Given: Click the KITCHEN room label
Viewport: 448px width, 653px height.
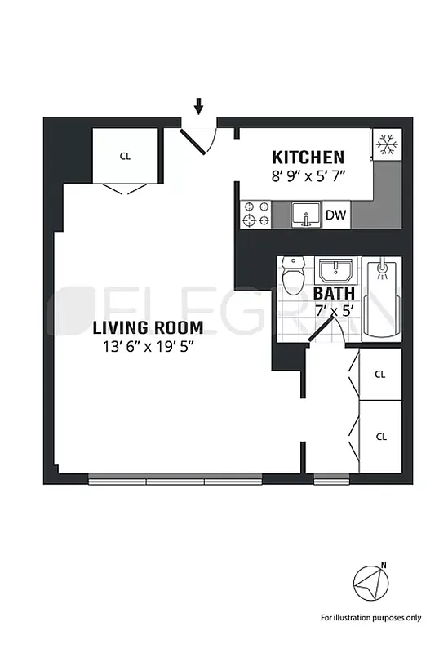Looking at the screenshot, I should click(308, 157).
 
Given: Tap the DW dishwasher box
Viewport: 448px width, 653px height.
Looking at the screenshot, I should click(335, 215).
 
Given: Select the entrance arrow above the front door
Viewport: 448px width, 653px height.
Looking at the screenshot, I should click(197, 106).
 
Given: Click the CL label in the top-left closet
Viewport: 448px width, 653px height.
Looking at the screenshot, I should click(125, 155).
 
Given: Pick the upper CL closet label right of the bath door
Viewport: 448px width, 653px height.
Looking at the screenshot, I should click(380, 375).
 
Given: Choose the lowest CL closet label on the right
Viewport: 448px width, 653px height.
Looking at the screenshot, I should click(380, 437).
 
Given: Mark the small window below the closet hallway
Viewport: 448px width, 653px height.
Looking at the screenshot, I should click(330, 479).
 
